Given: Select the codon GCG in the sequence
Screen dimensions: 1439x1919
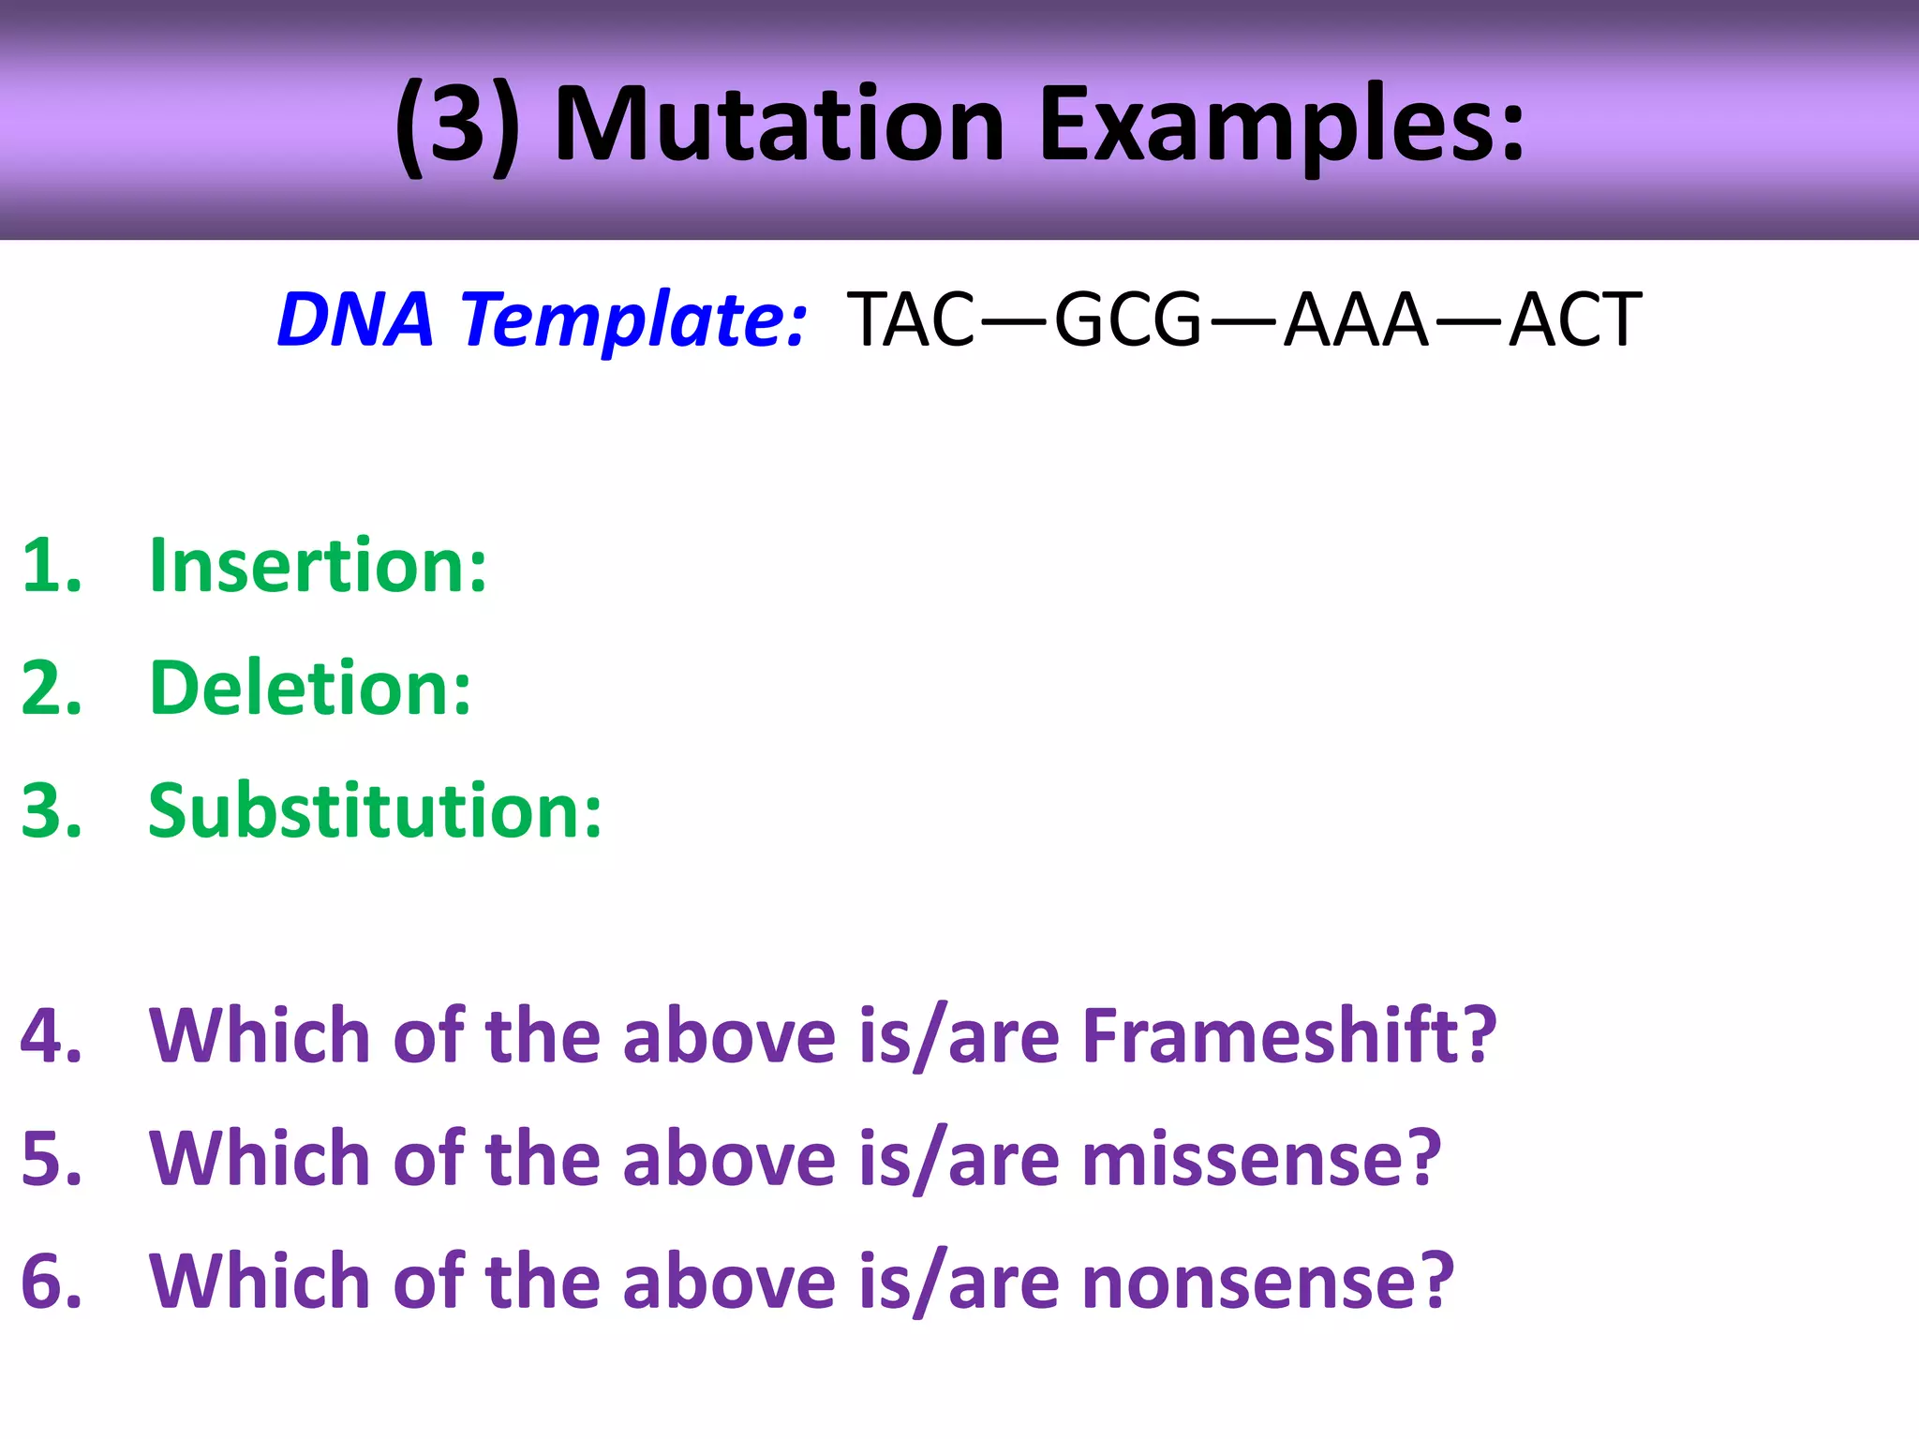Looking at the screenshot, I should point(1128,320).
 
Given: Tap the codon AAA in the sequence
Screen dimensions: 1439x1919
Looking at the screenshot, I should point(1355,320).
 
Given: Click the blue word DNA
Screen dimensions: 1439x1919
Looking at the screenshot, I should point(355,320).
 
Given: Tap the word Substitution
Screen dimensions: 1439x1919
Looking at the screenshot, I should point(375,811).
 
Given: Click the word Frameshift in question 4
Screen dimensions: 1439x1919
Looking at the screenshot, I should point(1288,1036).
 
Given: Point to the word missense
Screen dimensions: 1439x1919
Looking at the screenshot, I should point(1260,1159).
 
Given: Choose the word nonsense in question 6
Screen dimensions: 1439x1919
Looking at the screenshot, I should point(1267,1282).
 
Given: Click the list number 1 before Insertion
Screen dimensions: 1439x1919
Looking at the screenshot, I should point(51,566).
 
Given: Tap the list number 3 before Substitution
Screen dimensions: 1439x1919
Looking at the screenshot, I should point(51,811).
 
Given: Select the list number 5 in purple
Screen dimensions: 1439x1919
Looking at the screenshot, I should point(51,1159).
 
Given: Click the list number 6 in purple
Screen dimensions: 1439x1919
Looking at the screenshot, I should point(51,1282).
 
